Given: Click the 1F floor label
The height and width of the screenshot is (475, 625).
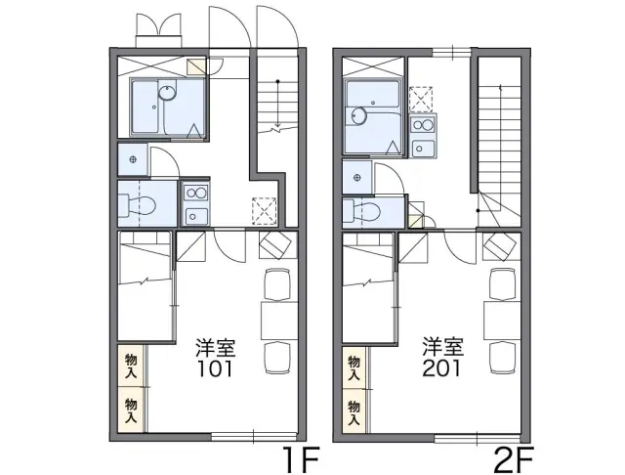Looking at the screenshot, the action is (x=301, y=459).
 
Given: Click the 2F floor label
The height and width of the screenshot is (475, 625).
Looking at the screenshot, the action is (x=514, y=459).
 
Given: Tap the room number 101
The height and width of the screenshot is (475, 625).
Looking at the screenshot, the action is (x=215, y=368).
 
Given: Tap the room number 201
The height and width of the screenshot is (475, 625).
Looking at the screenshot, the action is (x=441, y=368).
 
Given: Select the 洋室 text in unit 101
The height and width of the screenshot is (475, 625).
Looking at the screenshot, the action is (x=215, y=348).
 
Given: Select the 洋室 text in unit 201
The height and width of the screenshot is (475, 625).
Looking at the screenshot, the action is (x=443, y=347).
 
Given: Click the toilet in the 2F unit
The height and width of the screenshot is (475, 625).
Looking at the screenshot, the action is (x=361, y=210).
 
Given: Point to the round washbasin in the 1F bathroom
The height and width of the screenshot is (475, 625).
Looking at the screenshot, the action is (x=167, y=92).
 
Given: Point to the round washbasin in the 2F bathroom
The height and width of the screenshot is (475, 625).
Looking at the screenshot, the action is (x=360, y=116).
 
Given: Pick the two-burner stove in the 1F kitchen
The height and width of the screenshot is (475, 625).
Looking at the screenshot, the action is (x=195, y=194).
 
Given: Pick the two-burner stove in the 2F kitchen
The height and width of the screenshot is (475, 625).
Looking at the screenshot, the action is (x=423, y=125).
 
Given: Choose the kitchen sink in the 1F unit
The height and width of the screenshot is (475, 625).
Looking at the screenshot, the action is (x=195, y=216).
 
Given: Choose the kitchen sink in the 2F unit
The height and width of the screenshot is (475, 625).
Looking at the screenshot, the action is (x=423, y=149).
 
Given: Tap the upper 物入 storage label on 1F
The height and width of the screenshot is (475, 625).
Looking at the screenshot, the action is (x=131, y=366).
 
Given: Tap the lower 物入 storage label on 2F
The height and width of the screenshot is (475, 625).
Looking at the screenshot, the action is (x=354, y=412).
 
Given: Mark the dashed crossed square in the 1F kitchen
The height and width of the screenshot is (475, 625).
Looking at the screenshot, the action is (x=265, y=211).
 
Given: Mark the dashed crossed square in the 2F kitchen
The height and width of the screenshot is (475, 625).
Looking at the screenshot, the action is (x=421, y=99).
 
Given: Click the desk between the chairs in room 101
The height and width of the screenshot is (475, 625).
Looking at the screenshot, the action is (x=279, y=321).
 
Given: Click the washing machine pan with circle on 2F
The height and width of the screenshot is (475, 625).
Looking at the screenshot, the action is (x=357, y=178).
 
